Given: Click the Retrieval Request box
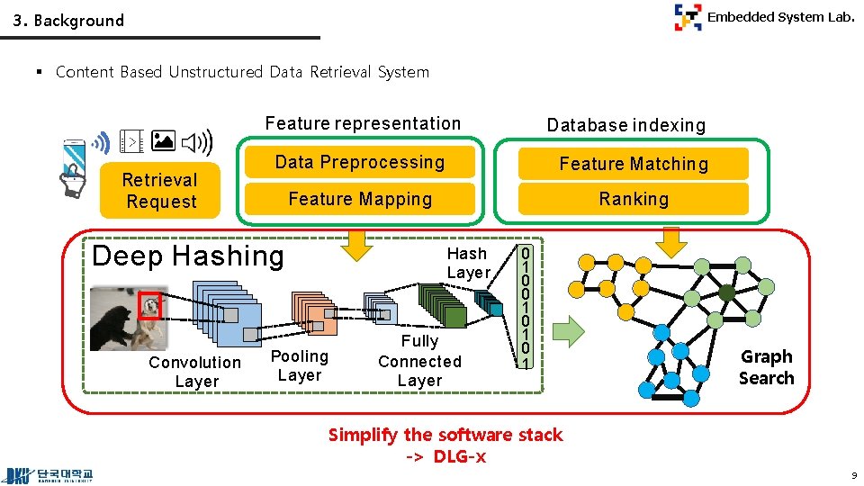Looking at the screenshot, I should (161, 191).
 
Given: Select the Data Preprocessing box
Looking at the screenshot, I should (360, 162).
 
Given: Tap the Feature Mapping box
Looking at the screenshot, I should (360, 199).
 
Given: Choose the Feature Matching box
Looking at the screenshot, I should (634, 164).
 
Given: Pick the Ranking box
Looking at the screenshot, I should (634, 199).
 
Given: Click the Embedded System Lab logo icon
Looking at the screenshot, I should (688, 17).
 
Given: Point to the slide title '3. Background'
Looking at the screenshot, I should (68, 20).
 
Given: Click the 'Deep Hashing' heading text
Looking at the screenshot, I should (187, 256).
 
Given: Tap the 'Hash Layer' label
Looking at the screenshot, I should (468, 263).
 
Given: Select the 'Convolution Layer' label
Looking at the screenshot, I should (195, 372).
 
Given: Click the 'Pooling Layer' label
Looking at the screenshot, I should (300, 365).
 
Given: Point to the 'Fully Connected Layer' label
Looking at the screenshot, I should (419, 360).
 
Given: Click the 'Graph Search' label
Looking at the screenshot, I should (766, 367).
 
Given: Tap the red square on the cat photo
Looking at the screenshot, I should (149, 307).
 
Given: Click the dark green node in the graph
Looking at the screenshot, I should (725, 292).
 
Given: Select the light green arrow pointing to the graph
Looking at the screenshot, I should (568, 331).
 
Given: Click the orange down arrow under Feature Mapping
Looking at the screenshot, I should (359, 243).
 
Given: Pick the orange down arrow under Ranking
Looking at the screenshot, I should (671, 241).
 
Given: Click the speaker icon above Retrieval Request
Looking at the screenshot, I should (197, 142).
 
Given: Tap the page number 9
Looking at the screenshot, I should (851, 475).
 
